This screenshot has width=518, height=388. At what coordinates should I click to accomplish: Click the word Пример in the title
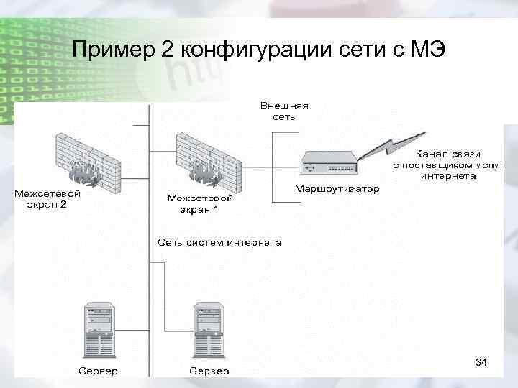click(x=109, y=51)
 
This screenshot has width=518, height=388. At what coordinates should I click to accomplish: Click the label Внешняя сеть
click(x=283, y=111)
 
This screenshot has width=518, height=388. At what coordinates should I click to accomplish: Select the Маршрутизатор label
click(x=337, y=190)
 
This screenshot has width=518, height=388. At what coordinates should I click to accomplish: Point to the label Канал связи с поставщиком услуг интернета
click(x=447, y=165)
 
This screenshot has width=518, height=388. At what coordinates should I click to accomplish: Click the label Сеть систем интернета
click(x=219, y=242)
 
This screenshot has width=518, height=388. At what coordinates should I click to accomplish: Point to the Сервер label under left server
click(x=99, y=371)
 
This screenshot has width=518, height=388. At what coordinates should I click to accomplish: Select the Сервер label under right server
click(x=209, y=371)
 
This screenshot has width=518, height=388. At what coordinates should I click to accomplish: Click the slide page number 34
click(x=481, y=364)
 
